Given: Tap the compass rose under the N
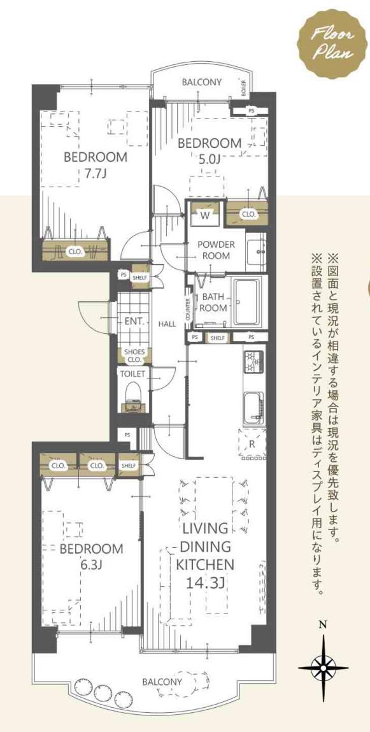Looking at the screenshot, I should pyautogui.click(x=323, y=666).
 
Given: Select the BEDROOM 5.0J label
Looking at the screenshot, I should pyautogui.click(x=209, y=151).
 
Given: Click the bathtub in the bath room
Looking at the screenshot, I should pyautogui.click(x=250, y=302).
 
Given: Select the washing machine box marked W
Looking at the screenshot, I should pyautogui.click(x=205, y=216).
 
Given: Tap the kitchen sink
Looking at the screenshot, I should pyautogui.click(x=253, y=403).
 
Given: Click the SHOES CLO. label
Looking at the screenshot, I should pyautogui.click(x=134, y=355).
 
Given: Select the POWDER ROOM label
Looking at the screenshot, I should pyautogui.click(x=215, y=250).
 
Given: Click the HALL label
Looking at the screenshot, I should pyautogui.click(x=167, y=324).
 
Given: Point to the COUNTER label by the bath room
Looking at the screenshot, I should pyautogui.click(x=189, y=310).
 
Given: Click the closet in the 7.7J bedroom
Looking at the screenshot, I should pyautogui.click(x=75, y=251).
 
